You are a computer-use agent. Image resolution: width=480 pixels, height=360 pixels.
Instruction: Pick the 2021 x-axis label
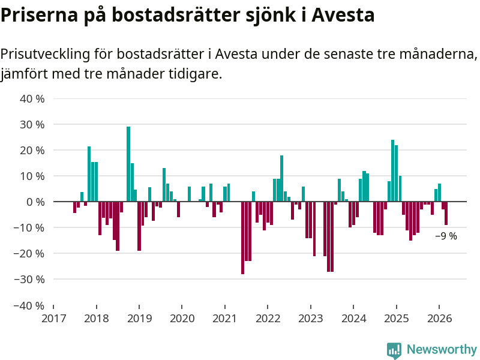click(225, 318)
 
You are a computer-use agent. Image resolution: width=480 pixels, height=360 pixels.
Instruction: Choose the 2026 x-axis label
click(439, 318)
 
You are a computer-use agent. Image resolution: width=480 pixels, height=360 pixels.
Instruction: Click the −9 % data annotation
click(446, 236)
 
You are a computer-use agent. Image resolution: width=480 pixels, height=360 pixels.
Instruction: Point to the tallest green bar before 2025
click(392, 171)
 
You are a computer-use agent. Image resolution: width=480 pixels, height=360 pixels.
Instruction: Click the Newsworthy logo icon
click(394, 350)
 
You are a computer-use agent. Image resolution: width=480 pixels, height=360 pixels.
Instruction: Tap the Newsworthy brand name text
click(442, 350)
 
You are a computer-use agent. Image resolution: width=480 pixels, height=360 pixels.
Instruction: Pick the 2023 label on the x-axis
click(311, 318)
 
